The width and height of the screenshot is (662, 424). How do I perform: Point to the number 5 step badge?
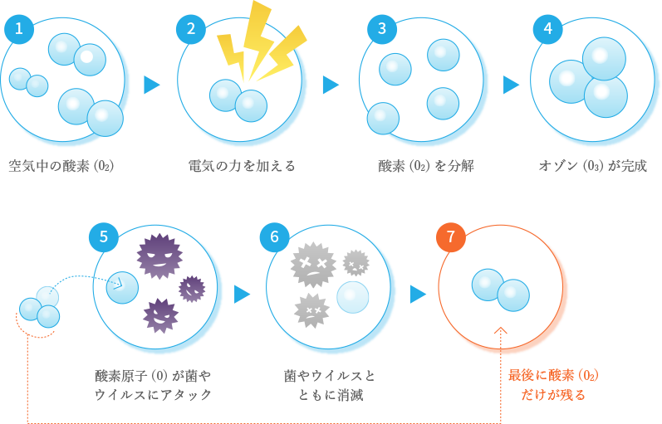104,236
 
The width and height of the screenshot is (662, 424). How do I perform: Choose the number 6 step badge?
274,236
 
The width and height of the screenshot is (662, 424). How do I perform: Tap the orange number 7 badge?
451,236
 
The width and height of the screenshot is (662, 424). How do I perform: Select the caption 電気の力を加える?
242,166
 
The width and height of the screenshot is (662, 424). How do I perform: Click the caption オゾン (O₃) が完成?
592,166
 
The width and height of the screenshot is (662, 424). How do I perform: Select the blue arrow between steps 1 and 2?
151,85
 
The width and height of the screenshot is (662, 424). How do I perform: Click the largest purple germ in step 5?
159,255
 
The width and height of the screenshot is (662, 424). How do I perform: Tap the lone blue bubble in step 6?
352,297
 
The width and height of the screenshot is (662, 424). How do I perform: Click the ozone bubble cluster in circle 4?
591,77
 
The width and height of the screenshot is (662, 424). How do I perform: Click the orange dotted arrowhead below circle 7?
500,331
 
